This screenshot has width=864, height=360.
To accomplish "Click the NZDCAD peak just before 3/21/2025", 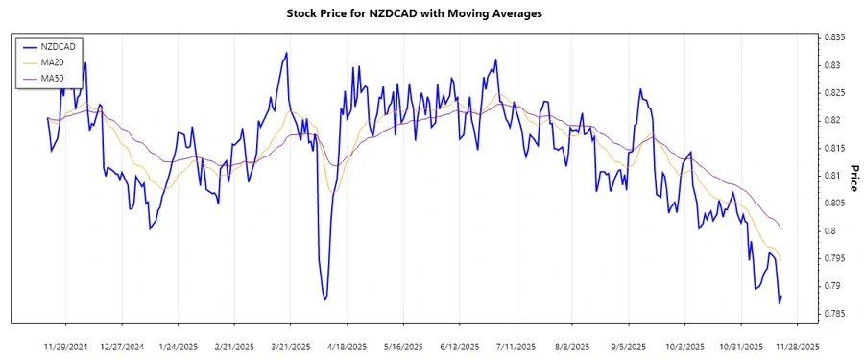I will (286, 54).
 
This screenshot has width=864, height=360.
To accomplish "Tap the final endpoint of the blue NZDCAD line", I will (781, 296).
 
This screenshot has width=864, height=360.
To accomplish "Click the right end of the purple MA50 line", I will (781, 228).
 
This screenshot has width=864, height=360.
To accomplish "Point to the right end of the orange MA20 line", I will (781, 260).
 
